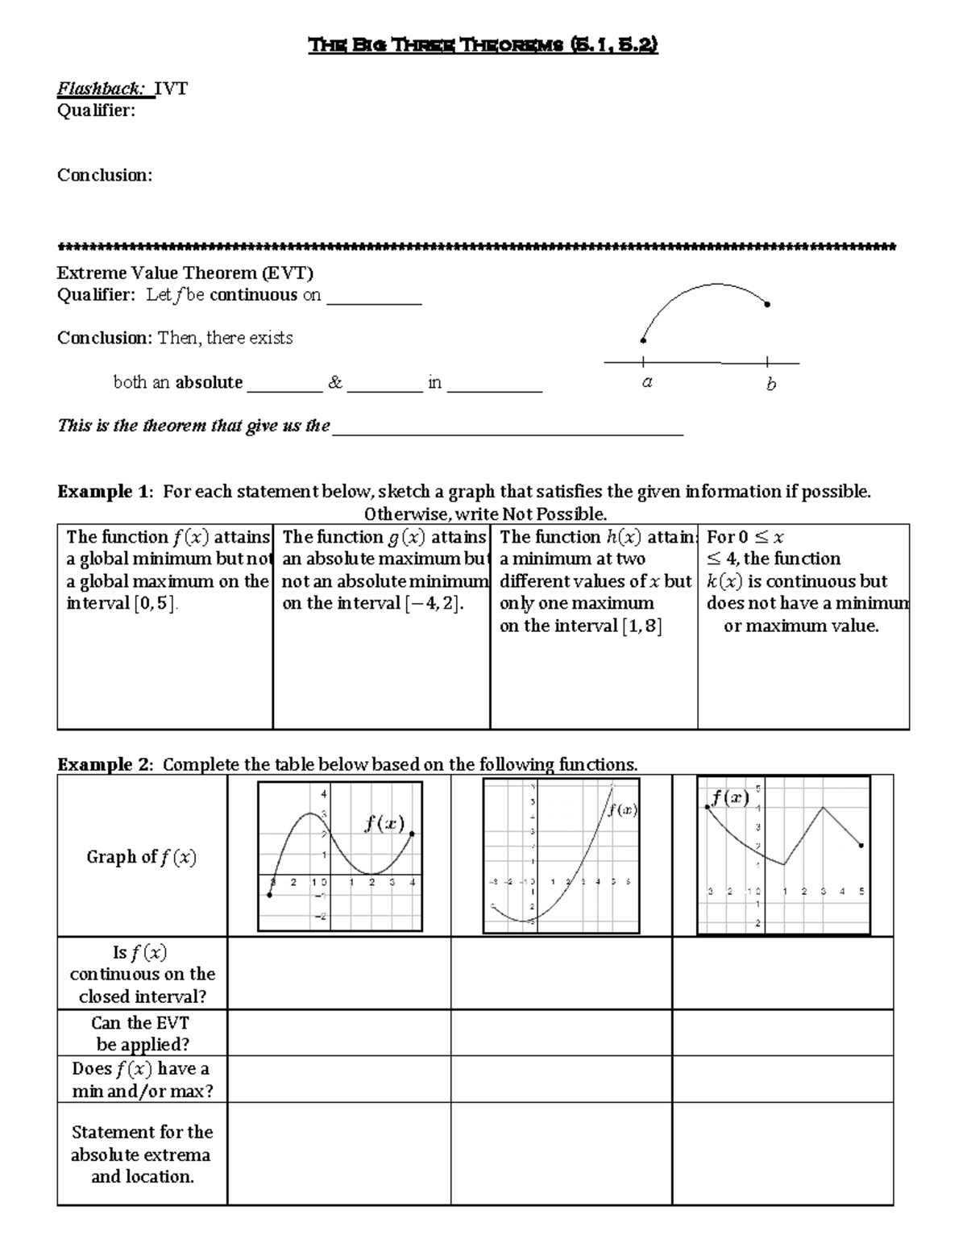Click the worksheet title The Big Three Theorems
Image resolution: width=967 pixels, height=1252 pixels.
click(x=483, y=45)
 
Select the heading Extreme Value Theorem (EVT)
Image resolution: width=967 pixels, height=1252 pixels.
click(x=185, y=272)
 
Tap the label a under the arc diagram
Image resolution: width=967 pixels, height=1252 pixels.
click(x=646, y=383)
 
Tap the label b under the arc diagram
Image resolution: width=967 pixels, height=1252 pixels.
click(x=770, y=385)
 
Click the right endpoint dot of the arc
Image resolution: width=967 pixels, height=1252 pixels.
click(x=767, y=305)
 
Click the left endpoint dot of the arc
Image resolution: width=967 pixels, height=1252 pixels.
click(x=643, y=340)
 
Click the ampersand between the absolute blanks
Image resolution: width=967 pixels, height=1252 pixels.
click(x=334, y=383)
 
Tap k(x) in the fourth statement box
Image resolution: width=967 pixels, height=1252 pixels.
click(x=724, y=582)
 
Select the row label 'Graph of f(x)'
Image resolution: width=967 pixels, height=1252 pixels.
click(x=141, y=857)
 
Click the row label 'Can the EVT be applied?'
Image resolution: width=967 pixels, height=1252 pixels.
click(x=141, y=1034)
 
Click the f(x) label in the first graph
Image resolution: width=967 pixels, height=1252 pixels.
click(x=384, y=823)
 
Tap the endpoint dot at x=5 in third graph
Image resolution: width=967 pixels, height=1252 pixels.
click(x=861, y=846)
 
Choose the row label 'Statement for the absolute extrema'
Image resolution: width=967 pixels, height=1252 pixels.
click(x=141, y=1154)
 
